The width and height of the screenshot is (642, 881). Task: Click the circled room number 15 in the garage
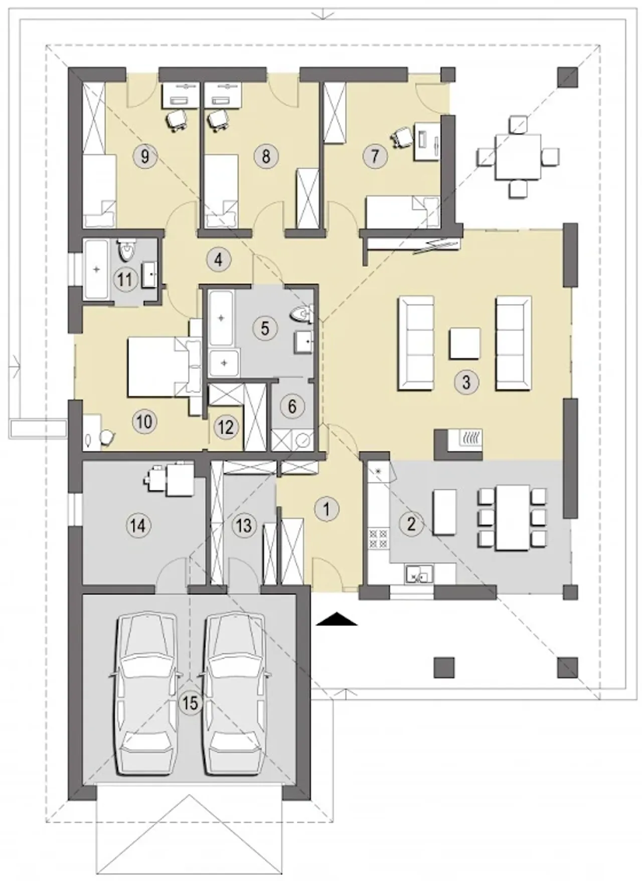pyautogui.click(x=190, y=703)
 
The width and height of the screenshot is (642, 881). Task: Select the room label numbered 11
pyautogui.click(x=125, y=279)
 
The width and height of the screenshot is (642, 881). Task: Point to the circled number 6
pyautogui.click(x=292, y=406)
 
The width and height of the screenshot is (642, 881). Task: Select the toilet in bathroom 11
pyautogui.click(x=126, y=249)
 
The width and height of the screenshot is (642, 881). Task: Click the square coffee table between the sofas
pyautogui.click(x=465, y=343)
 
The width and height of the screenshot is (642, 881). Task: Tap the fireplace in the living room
pyautogui.click(x=458, y=444)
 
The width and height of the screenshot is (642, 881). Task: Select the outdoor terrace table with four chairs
pyautogui.click(x=518, y=157)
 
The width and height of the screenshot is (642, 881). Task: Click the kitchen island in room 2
pyautogui.click(x=444, y=512)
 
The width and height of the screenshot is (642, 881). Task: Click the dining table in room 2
pyautogui.click(x=513, y=518)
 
